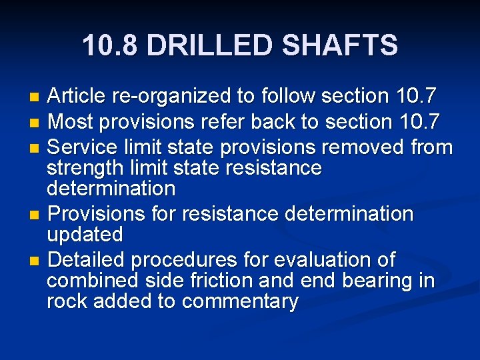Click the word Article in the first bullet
tap(77, 97)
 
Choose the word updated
tap(85, 235)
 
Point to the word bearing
tap(379, 281)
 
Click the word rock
tap(67, 301)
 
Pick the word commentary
tap(240, 302)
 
